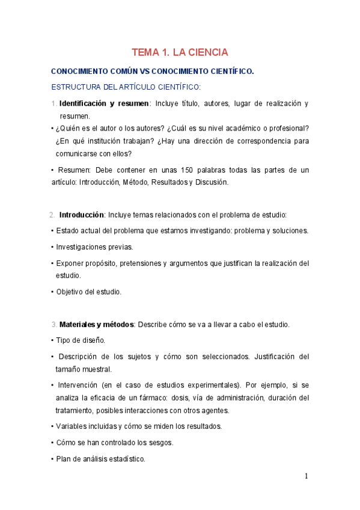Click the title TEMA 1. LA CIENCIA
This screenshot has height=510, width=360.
pyautogui.click(x=180, y=52)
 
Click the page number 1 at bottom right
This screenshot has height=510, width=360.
pyautogui.click(x=306, y=476)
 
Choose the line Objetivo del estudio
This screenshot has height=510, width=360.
pyautogui.click(x=88, y=292)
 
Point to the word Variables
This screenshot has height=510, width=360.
pyautogui.click(x=72, y=426)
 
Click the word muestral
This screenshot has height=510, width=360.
pyautogui.click(x=97, y=369)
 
